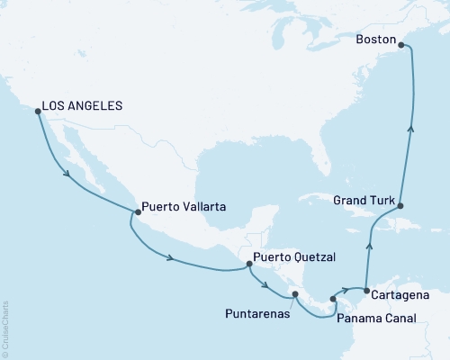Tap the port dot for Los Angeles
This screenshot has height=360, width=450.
38,112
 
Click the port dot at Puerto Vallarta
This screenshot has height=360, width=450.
137,212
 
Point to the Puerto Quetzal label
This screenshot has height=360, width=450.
294,257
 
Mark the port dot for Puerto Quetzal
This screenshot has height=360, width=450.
249,264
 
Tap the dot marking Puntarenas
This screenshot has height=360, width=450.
295,293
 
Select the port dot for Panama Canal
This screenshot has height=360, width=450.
333,299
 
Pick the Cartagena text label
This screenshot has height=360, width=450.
399,294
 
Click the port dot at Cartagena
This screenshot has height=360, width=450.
366,289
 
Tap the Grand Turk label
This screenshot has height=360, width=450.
363,199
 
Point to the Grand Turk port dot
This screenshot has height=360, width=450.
401,206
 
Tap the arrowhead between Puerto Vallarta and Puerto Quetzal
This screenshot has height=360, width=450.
171,258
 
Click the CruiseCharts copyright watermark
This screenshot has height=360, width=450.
5,328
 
